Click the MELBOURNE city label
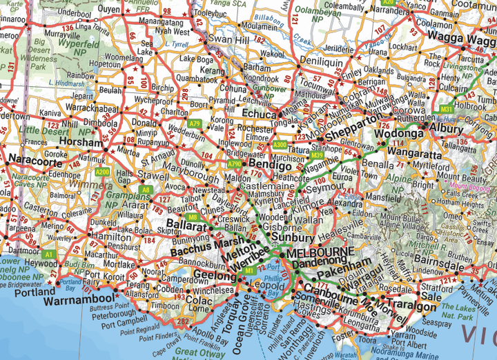(x=319, y=252)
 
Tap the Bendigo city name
(x=269, y=166)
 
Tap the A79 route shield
(x=196, y=123)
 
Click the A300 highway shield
(x=280, y=145)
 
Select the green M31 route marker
(x=446, y=109)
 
